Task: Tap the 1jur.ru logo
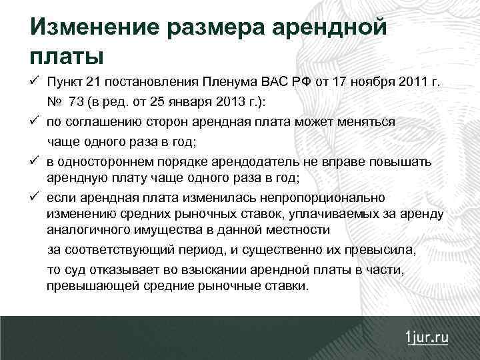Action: (x=427, y=337)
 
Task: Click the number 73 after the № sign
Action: (x=75, y=102)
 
